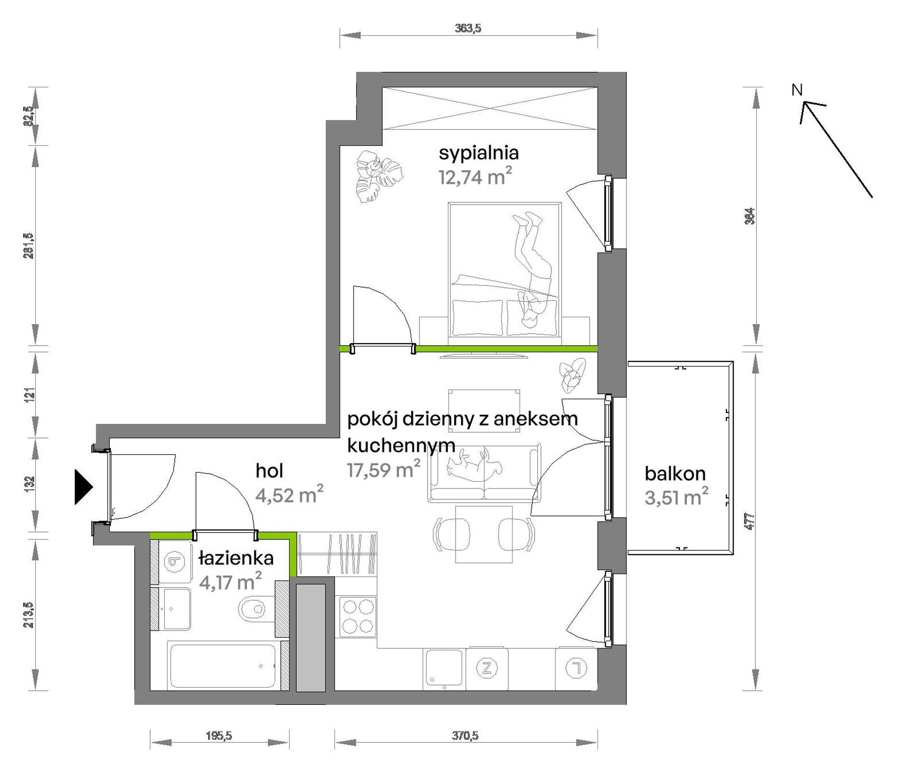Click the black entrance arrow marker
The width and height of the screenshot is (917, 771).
pyautogui.click(x=83, y=487)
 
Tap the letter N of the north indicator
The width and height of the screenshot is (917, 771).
pyautogui.click(x=797, y=90)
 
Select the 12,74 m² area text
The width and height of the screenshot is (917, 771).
pyautogui.click(x=475, y=177)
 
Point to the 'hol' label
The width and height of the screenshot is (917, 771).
pyautogui.click(x=269, y=471)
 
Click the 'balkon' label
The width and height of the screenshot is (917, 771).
pyautogui.click(x=675, y=474)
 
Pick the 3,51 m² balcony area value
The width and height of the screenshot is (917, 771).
pyautogui.click(x=677, y=497)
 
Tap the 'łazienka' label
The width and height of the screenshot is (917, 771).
pyautogui.click(x=236, y=558)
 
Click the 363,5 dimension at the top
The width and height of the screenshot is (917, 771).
pyautogui.click(x=468, y=28)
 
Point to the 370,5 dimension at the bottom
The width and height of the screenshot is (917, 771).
pyautogui.click(x=465, y=736)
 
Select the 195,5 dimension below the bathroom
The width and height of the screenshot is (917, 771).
pyautogui.click(x=219, y=736)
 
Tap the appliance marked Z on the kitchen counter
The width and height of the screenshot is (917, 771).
pyautogui.click(x=486, y=668)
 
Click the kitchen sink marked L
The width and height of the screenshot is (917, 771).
pyautogui.click(x=576, y=668)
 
